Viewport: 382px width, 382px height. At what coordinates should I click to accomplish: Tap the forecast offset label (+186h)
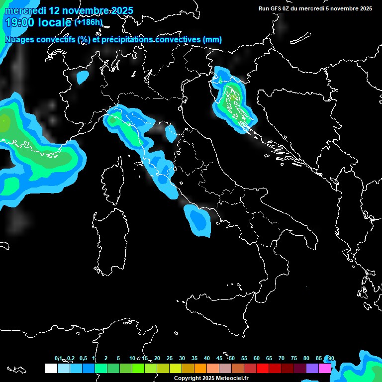pos(88,22)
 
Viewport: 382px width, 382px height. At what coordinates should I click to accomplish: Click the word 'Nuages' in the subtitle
pos(19,39)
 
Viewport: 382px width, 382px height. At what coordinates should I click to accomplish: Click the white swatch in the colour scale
pos(51,368)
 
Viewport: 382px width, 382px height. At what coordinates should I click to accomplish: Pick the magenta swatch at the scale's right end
pos(325,368)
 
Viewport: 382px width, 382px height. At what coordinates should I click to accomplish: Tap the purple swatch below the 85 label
pos(312,368)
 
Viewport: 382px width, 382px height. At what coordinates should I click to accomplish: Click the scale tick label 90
pos(331,359)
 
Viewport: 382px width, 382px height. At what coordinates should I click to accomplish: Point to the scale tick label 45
pos(219,359)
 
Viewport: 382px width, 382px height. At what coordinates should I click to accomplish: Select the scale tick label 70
pos(282,359)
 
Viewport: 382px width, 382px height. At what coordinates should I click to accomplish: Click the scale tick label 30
pos(182,359)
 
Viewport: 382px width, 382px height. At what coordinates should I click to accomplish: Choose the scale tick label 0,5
pos(83,359)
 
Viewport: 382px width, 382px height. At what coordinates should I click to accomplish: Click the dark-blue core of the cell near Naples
pos(199,219)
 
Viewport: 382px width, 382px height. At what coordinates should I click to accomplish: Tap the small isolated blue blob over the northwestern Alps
pos(83,77)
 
